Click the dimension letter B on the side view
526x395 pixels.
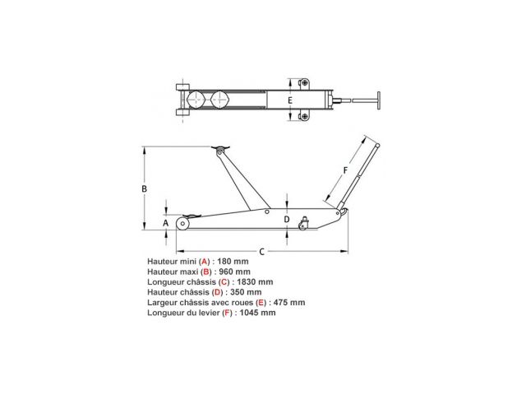pyautogui.click(x=145, y=188)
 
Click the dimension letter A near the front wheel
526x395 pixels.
pyautogui.click(x=165, y=223)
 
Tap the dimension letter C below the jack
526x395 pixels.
pyautogui.click(x=262, y=252)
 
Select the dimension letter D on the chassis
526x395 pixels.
pyautogui.click(x=287, y=220)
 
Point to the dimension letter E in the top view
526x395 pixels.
pyautogui.click(x=290, y=100)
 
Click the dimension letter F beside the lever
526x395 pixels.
pyautogui.click(x=345, y=170)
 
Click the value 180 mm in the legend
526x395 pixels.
pyautogui.click(x=233, y=262)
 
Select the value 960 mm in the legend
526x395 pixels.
pyautogui.click(x=234, y=272)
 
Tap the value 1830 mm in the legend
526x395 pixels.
pyautogui.click(x=255, y=281)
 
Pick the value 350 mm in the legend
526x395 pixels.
pyautogui.click(x=246, y=292)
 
